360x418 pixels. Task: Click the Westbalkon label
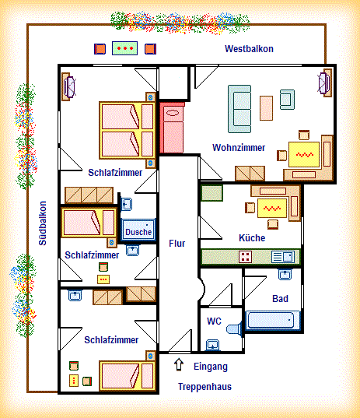coord(249,49)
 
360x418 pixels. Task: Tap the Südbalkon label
coord(43,223)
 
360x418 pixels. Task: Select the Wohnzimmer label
coord(239,147)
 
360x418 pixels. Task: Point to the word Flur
coord(177,243)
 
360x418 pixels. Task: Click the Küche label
coord(252,237)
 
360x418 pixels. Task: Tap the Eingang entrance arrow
coord(179,364)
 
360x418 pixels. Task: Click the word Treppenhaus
coord(204,387)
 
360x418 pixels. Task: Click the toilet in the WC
coord(234,328)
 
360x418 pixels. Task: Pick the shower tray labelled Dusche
coord(138,230)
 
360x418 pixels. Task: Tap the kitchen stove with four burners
coord(245,257)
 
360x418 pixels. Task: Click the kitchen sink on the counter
coord(283,257)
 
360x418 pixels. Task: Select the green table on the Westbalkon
coord(124,48)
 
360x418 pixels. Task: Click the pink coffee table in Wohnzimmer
coord(266,108)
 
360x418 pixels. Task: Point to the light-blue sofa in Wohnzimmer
coord(239,109)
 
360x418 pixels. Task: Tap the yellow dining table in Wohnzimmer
coord(304,155)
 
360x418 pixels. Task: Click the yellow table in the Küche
coord(272,208)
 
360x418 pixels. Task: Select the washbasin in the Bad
coord(285,274)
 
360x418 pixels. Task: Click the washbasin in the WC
coord(212,345)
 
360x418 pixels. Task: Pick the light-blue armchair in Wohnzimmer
coord(287,100)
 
